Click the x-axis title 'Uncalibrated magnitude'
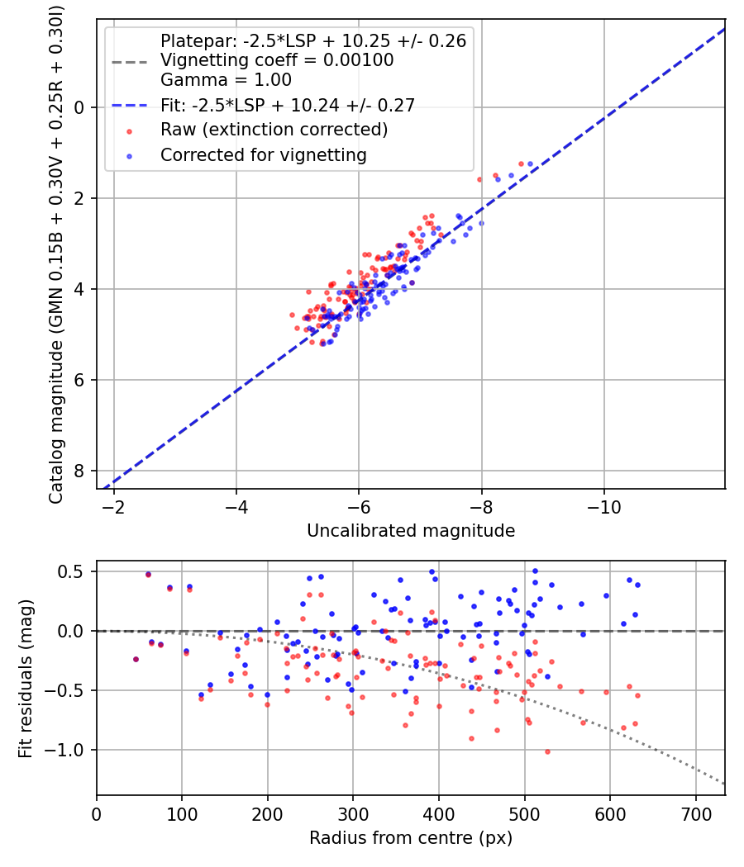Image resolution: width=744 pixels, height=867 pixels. coord(411,531)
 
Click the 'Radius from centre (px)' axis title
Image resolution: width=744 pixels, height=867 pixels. coord(411,838)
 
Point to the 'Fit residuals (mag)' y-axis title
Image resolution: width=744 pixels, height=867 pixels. coord(26,678)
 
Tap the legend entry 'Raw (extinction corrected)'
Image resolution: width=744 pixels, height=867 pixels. coord(274,130)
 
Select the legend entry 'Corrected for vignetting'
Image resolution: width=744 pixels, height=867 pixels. coord(263,154)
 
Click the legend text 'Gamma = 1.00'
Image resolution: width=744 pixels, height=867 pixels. coord(226,80)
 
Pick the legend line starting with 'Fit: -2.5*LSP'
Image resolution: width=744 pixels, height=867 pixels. coord(287,105)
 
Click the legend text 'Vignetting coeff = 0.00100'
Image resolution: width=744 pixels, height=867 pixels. coord(277,60)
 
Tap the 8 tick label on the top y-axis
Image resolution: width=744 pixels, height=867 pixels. coord(80,471)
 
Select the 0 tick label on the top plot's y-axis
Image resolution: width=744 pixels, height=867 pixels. coord(80,107)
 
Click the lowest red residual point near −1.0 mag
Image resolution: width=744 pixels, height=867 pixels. coord(547,751)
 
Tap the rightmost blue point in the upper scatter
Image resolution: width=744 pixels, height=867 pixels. coord(530,163)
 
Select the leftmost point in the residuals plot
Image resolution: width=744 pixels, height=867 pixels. coord(136,659)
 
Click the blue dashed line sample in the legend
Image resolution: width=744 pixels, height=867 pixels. coord(129,105)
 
